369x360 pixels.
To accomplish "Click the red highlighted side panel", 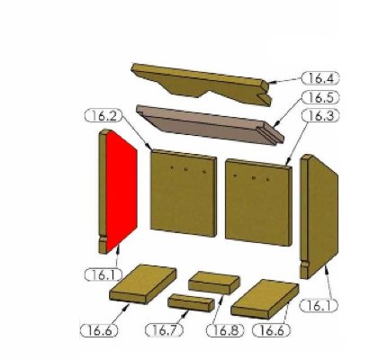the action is [x=121, y=191].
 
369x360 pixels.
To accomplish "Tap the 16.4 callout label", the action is [x=320, y=78].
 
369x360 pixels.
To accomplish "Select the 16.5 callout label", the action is [x=320, y=97].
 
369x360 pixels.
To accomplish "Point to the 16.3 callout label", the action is [x=320, y=116].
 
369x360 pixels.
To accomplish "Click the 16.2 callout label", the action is [x=103, y=116].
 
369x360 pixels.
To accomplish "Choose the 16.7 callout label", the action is [x=165, y=330].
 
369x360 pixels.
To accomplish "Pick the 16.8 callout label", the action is [x=225, y=330].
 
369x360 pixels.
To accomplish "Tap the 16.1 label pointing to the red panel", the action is [x=103, y=274].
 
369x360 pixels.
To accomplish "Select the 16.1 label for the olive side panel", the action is [x=319, y=305].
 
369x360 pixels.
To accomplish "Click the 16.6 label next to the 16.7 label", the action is [x=99, y=330].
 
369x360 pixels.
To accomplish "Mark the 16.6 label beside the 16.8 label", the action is [x=272, y=330].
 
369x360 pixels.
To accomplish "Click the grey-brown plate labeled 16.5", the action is [x=210, y=124].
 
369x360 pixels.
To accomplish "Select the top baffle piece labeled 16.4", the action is [x=201, y=84].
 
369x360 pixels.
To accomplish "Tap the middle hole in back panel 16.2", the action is [x=186, y=169].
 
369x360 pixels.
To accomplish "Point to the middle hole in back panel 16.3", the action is [x=254, y=178].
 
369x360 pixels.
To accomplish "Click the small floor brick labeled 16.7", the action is [x=191, y=303].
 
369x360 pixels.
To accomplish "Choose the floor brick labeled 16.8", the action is [x=214, y=283].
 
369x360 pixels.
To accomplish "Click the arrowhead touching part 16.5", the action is [x=277, y=123].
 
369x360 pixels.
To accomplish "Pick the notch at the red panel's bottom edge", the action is [x=103, y=239].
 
